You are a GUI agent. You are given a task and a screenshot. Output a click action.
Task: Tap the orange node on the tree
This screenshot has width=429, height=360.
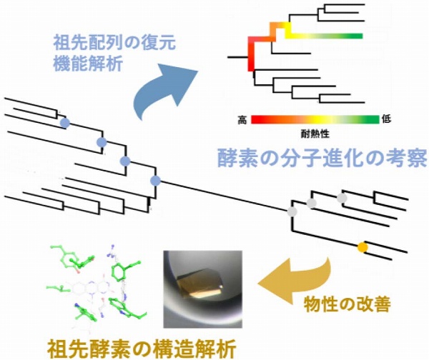(363, 248)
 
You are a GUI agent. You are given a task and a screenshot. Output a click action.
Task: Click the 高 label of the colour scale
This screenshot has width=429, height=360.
(242, 120)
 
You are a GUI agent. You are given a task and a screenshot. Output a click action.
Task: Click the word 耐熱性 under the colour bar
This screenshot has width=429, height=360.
(314, 133)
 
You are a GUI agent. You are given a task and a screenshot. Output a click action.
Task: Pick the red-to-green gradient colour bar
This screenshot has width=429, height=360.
(315, 119)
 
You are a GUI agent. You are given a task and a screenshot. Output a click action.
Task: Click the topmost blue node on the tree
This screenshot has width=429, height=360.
(64, 123)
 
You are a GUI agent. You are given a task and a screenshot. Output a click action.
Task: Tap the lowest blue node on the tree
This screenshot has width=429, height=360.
(155, 180)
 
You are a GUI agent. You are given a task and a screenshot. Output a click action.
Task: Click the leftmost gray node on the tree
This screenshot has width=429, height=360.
(291, 211)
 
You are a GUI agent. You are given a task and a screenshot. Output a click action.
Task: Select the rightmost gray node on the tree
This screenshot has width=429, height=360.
(342, 197)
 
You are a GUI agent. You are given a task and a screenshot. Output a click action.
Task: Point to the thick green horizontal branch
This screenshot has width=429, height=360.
(336, 35)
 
